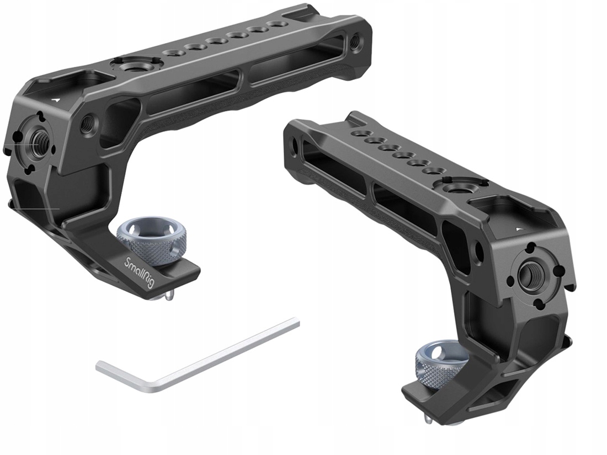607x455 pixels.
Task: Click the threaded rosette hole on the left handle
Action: [x=37, y=142]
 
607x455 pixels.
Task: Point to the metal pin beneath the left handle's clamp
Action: [x=169, y=297]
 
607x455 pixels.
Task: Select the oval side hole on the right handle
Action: [x=478, y=251]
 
